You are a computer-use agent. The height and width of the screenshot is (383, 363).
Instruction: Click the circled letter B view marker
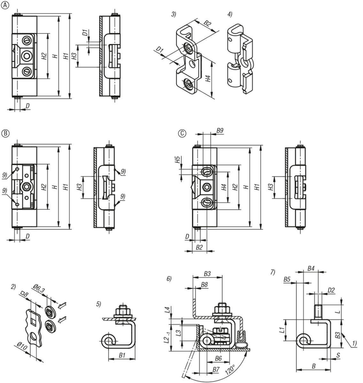(4, 133)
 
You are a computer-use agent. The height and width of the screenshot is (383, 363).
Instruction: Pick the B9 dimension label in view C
(220, 130)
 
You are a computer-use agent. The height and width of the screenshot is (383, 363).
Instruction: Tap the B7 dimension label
(216, 369)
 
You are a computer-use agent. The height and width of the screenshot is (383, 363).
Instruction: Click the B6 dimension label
(218, 358)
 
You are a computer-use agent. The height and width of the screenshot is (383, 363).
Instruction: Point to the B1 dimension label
(122, 355)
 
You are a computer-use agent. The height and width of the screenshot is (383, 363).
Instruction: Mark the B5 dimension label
(287, 279)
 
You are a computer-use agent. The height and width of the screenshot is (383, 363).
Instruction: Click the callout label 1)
(354, 344)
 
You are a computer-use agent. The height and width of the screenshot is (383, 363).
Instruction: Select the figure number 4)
(230, 14)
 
